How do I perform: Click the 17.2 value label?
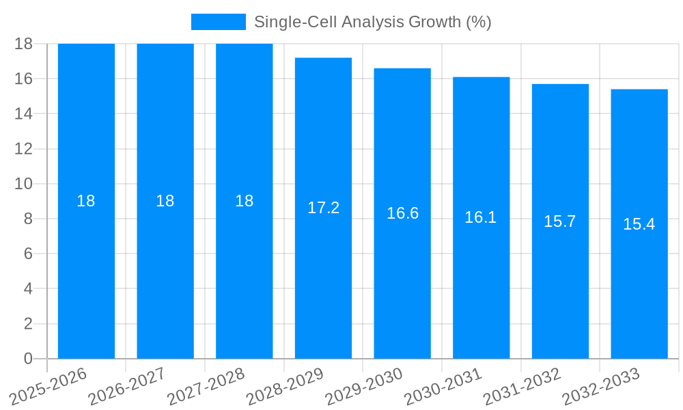click(323, 208)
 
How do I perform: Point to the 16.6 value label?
click(402, 213)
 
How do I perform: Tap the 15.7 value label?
click(560, 221)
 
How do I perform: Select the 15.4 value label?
click(639, 224)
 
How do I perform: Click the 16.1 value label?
click(481, 217)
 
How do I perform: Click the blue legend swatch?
click(218, 22)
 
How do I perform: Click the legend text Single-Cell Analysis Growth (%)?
click(372, 22)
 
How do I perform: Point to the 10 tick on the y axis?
click(24, 184)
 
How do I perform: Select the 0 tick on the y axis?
click(28, 359)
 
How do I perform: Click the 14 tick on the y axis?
click(24, 113)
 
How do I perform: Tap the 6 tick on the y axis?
click(28, 254)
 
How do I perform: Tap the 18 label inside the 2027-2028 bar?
click(244, 201)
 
